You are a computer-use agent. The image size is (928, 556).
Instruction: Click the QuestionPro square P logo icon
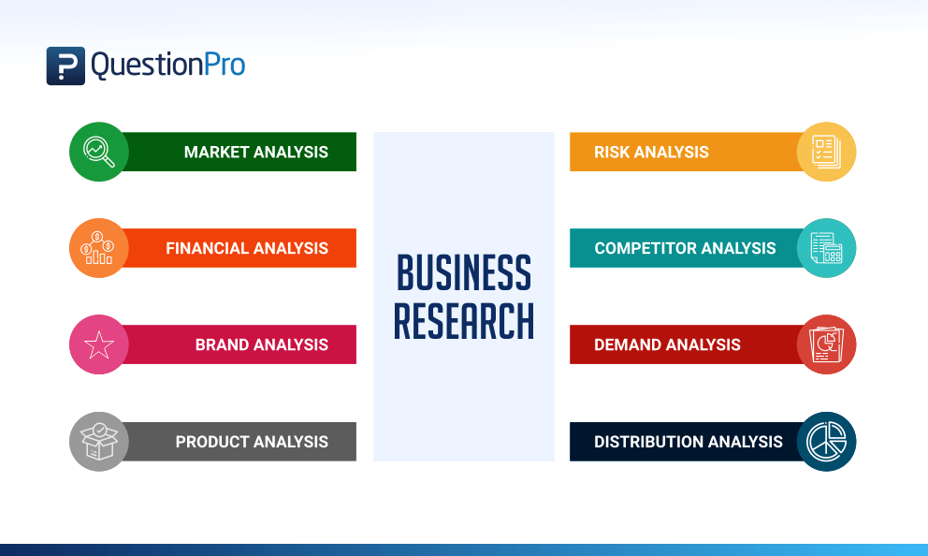[x=65, y=66]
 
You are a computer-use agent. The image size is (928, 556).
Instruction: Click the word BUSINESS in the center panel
[x=464, y=273]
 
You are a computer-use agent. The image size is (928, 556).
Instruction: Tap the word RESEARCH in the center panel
[x=464, y=321]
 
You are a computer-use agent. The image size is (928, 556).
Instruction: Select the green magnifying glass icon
[x=99, y=152]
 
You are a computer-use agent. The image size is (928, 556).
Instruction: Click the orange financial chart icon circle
[x=99, y=248]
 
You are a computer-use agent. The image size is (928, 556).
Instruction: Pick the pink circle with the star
[x=99, y=344]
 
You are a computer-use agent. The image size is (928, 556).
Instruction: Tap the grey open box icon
[x=99, y=442]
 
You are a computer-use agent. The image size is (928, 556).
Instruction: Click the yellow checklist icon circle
[x=826, y=152]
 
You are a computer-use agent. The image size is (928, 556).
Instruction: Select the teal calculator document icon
[x=826, y=248]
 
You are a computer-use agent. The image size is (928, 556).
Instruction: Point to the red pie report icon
[x=826, y=344]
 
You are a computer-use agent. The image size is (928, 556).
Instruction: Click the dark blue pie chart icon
[x=826, y=442]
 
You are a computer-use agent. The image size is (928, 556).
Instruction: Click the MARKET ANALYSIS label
[x=255, y=153]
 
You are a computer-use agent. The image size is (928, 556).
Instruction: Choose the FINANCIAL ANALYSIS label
[x=247, y=248]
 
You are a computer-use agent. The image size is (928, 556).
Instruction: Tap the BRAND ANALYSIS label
[x=262, y=344]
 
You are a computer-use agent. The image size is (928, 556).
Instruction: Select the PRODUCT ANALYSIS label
[x=252, y=442]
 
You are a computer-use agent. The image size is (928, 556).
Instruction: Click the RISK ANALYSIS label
[x=651, y=153]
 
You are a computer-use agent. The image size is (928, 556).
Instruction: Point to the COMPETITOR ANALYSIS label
[x=685, y=248]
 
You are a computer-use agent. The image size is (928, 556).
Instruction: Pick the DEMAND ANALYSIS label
[x=667, y=344]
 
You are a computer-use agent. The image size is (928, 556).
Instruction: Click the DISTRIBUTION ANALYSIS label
[x=689, y=442]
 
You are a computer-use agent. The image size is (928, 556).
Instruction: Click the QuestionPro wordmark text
[x=168, y=66]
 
